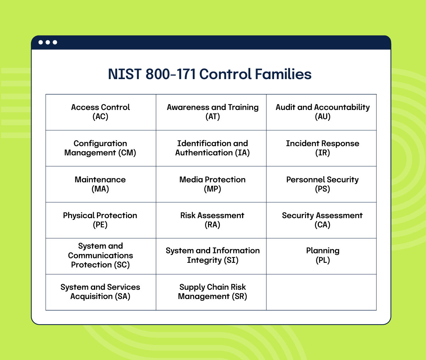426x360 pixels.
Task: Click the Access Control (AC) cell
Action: coord(100,112)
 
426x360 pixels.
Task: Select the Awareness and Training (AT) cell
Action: coord(213,112)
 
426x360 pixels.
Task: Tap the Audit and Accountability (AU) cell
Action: coord(322,112)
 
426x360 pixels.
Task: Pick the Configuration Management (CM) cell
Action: coord(100,148)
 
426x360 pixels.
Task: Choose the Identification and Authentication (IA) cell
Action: coord(213,148)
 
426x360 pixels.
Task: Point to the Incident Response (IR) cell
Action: coord(322,148)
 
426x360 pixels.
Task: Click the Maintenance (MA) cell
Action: coord(100,184)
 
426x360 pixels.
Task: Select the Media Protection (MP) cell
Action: coord(213,184)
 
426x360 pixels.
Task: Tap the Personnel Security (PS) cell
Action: coord(322,184)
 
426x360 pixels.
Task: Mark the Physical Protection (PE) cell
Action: coord(100,220)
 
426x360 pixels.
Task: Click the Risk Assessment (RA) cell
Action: coord(213,220)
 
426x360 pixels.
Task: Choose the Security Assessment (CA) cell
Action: coord(322,220)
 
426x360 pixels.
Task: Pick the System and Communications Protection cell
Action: coord(100,256)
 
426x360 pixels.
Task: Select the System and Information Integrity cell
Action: coord(213,256)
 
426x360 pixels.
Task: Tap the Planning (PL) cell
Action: coord(322,256)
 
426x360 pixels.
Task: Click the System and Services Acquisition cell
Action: coord(100,292)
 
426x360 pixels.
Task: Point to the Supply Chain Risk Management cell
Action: coord(213,292)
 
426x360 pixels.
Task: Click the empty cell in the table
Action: coord(321,292)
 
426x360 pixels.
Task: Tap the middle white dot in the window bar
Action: coord(48,43)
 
